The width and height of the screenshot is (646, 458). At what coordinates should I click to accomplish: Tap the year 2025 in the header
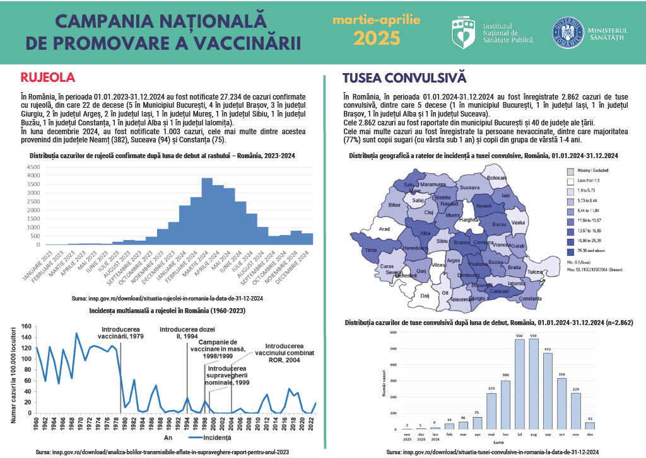pyautogui.click(x=376, y=38)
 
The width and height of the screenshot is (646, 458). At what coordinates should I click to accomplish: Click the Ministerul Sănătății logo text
pyautogui.click(x=606, y=34)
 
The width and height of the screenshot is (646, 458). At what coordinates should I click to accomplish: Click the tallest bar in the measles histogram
pyautogui.click(x=206, y=211)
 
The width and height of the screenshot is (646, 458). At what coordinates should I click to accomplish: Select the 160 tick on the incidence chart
pyautogui.click(x=26, y=326)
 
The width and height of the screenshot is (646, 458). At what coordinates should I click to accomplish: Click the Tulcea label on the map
pyautogui.click(x=536, y=272)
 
